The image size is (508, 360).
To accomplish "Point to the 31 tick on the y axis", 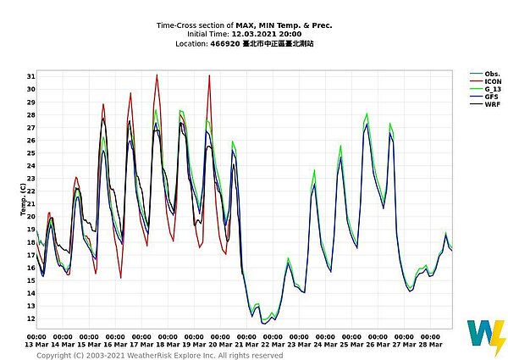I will [x=31, y=77].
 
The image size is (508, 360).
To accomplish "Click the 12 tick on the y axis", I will [x=31, y=318].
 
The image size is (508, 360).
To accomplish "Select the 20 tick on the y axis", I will [x=31, y=217].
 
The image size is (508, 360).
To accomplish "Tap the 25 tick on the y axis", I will [x=31, y=153].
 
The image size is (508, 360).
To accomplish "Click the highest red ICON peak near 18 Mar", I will [x=157, y=75].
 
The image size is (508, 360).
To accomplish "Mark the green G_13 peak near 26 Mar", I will [x=367, y=114].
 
